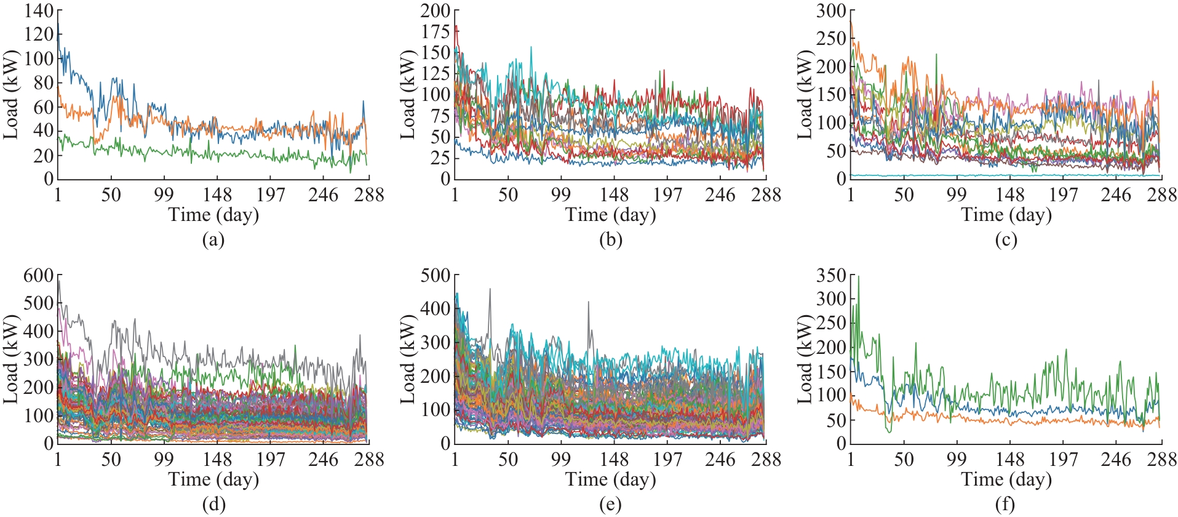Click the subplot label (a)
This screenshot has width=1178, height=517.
213,240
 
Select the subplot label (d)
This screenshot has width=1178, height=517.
213,505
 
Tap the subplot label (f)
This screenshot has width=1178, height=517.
1005,505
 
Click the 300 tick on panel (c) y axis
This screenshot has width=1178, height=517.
832,10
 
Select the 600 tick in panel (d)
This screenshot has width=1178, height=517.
39,275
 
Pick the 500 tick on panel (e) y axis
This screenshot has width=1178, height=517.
436,275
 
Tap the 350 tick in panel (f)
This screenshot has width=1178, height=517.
832,275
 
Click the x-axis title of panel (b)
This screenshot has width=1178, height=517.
610,215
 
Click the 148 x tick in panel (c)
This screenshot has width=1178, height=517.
1010,195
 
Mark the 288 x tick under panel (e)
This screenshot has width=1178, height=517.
766,460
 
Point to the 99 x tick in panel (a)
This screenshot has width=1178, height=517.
164,195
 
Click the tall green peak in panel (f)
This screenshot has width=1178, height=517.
858,277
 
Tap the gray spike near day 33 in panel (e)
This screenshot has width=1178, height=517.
490,289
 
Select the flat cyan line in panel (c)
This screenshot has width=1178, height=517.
1009,175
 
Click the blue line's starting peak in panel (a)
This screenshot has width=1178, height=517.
58,23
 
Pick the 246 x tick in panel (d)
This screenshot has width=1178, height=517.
323,460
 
